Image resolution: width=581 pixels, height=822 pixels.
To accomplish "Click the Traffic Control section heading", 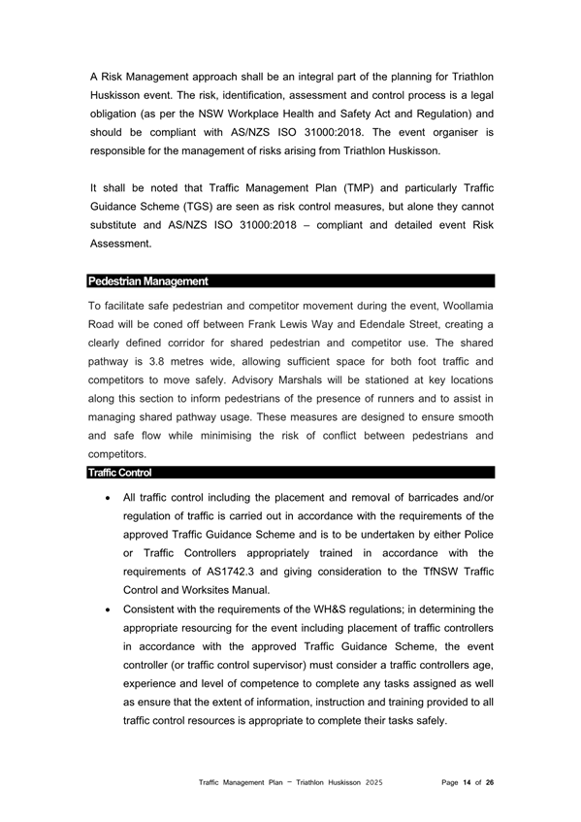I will [x=119, y=473].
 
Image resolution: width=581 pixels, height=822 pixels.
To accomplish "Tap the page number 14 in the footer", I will [x=467, y=781].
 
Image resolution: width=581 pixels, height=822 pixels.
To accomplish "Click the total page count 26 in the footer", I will [x=490, y=781].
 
